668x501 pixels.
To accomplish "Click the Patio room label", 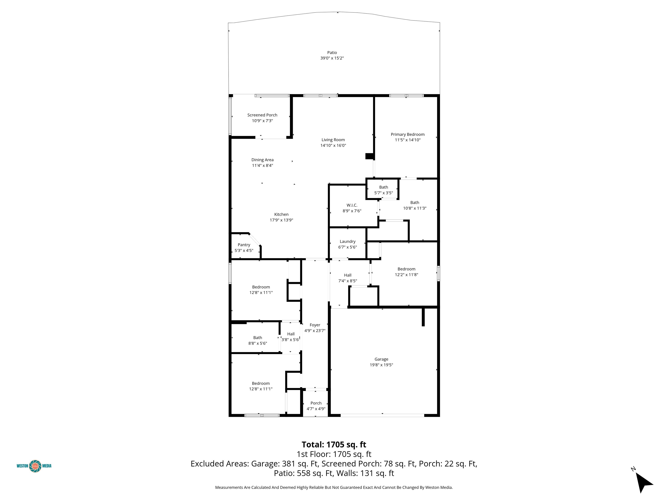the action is (x=332, y=53).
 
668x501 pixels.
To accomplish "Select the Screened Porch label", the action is (x=262, y=115).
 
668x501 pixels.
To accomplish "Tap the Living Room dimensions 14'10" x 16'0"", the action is (x=333, y=145).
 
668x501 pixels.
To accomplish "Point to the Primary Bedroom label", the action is (x=407, y=134).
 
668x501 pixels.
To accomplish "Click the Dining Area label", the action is (x=262, y=160).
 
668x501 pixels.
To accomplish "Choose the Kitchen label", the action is (x=281, y=214).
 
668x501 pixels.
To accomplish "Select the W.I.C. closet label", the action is (x=352, y=205).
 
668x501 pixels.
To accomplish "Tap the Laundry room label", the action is (x=347, y=242).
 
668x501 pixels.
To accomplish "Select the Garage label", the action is (x=381, y=359).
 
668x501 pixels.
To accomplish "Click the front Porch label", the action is (x=316, y=403).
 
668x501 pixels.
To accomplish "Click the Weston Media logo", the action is (x=34, y=466).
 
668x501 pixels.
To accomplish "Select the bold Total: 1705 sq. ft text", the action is (x=334, y=444).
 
